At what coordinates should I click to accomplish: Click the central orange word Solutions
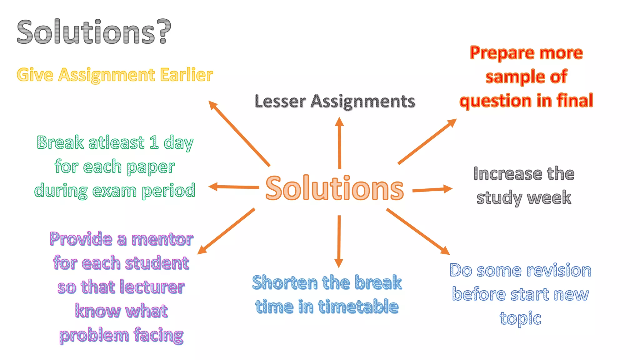[x=334, y=188]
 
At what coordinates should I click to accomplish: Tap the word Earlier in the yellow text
[x=187, y=75]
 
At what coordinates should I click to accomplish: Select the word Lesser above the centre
[x=280, y=102]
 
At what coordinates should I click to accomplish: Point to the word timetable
[x=358, y=307]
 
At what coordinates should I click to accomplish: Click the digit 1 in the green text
[x=154, y=142]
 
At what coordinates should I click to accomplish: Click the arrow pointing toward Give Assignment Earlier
[x=239, y=133]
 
